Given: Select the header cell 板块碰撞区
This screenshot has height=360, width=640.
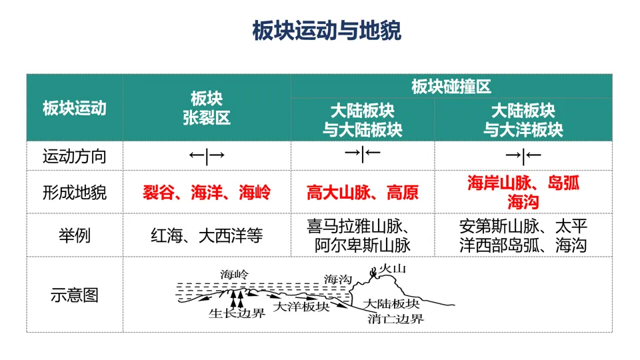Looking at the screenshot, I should coord(451,87).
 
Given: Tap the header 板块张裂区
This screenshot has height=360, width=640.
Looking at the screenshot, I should coord(207,108).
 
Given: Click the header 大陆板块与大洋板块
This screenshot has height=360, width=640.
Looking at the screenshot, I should coord(523,119).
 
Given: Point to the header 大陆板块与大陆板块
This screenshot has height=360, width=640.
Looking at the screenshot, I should coord(363,119).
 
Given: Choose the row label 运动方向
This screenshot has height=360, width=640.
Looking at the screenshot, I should coord(75,157).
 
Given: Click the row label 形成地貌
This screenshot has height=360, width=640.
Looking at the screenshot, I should coord(75,193).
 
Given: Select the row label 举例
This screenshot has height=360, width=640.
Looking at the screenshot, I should coord(75,235).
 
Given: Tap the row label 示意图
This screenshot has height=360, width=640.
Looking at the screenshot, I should coord(75,294).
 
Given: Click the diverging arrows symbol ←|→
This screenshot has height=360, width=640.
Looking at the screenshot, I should coord(207,157).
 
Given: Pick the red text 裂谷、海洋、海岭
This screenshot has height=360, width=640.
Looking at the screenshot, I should coord(207,193).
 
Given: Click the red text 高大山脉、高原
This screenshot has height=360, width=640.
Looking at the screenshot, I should coord(363,193).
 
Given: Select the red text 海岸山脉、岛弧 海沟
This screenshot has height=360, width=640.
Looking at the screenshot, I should coord(523,192).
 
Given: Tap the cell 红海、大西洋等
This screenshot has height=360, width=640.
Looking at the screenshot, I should coord(207,235).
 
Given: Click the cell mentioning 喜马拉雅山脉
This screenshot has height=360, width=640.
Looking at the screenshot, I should coord(363,235).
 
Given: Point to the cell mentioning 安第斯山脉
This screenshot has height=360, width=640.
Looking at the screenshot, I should coord(523,235).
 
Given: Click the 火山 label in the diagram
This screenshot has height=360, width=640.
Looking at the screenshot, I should coord(392,269).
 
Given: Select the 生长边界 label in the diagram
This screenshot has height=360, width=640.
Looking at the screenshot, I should coord(237,313).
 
